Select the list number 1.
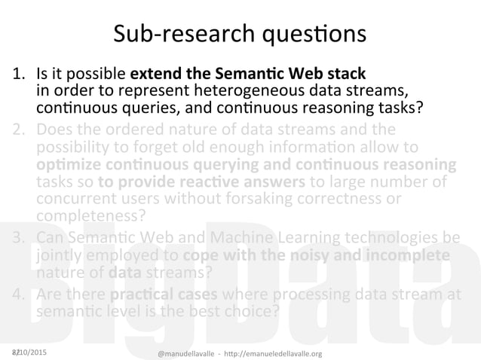[x=19, y=75]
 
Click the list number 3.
[x=20, y=240]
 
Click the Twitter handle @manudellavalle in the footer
[x=188, y=353]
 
